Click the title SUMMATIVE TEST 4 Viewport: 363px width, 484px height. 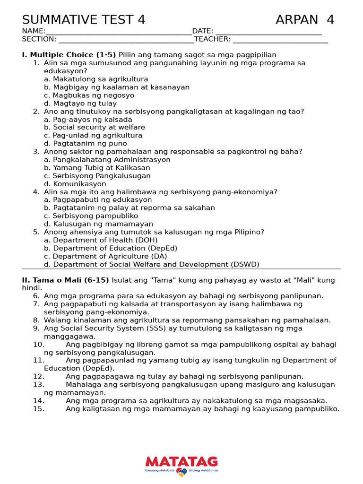(84, 20)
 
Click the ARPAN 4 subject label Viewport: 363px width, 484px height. (305, 20)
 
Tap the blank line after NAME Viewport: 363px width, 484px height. (119, 32)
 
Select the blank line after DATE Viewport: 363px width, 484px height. (268, 32)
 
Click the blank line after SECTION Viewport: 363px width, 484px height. (126, 40)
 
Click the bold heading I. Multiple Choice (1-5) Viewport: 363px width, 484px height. (69, 55)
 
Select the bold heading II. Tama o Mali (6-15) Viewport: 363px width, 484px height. (66, 280)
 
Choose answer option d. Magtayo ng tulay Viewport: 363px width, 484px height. (80, 104)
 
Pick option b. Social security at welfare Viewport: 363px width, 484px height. (95, 128)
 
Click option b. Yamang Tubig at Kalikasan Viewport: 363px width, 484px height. (97, 168)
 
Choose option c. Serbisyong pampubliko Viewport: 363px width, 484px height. (91, 216)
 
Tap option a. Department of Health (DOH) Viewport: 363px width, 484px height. (101, 240)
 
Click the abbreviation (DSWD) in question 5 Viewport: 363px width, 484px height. (245, 265)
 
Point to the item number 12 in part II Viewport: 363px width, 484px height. (39, 377)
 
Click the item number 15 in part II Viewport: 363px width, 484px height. (39, 409)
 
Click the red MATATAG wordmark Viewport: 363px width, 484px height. (181, 461)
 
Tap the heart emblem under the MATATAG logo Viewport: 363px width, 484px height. (181, 472)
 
